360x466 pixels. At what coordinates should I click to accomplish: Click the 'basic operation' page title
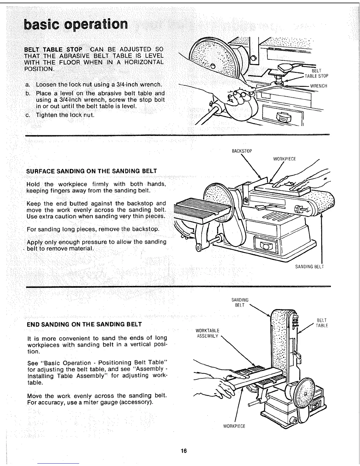[76, 24]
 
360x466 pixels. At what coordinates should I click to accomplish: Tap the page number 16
[184, 451]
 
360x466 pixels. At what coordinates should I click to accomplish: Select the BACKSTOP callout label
[242, 151]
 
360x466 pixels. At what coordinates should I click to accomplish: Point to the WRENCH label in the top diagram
[319, 86]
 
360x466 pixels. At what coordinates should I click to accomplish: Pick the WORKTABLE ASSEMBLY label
[207, 333]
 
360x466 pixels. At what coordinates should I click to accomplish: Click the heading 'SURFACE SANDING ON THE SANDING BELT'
[91, 171]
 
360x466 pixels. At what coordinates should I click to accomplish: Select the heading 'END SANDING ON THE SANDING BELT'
[84, 324]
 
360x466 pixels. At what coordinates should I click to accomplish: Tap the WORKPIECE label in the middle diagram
[284, 159]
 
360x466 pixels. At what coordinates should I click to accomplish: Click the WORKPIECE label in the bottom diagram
[234, 426]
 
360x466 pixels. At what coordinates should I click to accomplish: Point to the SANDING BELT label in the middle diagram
[309, 267]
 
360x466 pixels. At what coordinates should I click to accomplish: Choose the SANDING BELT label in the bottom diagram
[240, 302]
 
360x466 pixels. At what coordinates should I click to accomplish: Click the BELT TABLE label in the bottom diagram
[322, 323]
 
